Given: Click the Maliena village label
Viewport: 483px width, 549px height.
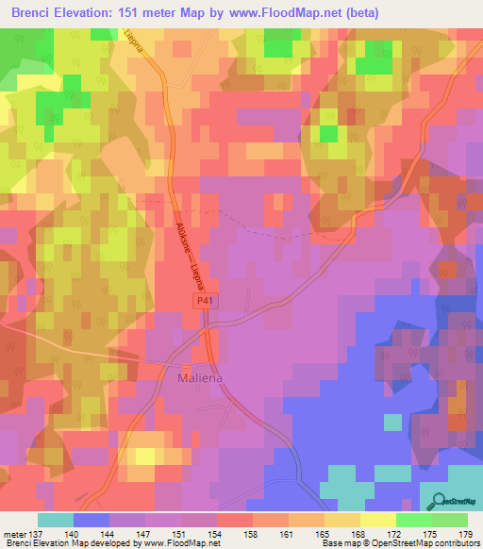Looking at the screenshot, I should point(202,379).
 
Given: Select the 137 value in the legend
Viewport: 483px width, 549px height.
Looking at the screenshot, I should point(34,533).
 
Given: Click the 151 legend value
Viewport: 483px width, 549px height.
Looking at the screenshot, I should point(181,533).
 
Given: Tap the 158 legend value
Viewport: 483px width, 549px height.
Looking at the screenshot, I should point(253,533).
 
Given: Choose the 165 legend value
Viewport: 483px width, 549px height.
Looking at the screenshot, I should point(325,533).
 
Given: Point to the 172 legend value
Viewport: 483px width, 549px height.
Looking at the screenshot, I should point(396,533).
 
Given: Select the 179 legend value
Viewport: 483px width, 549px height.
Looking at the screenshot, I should point(466,533).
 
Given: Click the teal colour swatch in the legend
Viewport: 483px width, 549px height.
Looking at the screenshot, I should point(56,520).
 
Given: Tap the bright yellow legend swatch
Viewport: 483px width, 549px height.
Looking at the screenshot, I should point(377,520).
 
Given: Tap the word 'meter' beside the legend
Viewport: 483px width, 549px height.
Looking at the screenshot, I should point(13,533).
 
